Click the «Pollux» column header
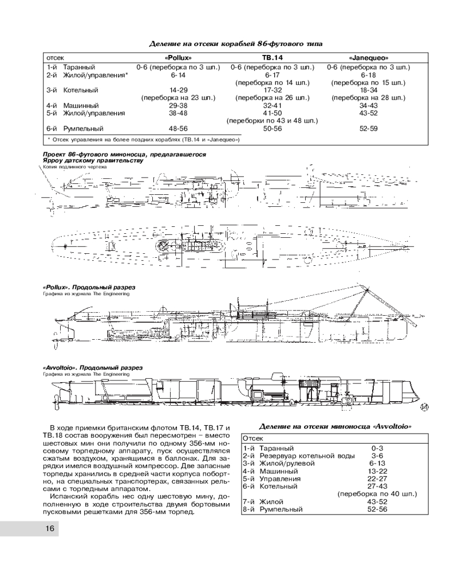pos(177,58)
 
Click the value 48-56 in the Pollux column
pos(174,129)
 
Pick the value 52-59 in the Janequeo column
pos(368,129)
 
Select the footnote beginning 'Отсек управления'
pos(144,139)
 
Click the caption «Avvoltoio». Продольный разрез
pos(92,367)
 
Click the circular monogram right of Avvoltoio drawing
pos(424,408)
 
